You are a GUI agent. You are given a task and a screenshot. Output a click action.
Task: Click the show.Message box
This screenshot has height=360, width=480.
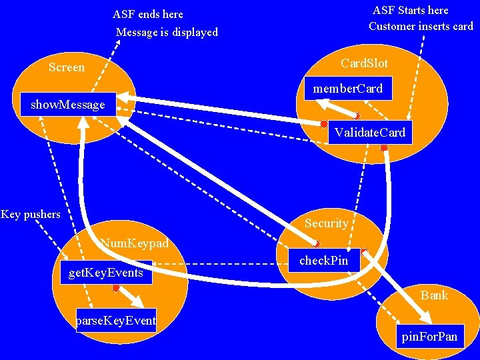pyautogui.click(x=68, y=104)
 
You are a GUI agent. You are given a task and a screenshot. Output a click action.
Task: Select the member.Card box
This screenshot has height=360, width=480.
pyautogui.click(x=348, y=89)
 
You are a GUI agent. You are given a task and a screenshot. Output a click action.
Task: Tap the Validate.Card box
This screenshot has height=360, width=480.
pyautogui.click(x=370, y=132)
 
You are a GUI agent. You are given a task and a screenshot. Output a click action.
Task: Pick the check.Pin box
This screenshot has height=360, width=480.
pyautogui.click(x=324, y=260)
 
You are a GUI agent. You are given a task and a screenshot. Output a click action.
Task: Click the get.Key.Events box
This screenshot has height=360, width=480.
pyautogui.click(x=106, y=272)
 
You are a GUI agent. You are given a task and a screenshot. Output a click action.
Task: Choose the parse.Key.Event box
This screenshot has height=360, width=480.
pyautogui.click(x=116, y=320)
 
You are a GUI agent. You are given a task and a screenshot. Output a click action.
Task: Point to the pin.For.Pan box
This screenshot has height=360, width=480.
pyautogui.click(x=429, y=336)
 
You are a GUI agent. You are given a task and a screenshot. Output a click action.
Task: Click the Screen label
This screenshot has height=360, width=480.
pyautogui.click(x=67, y=67)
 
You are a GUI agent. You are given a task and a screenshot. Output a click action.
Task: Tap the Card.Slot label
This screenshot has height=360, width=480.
pyautogui.click(x=364, y=63)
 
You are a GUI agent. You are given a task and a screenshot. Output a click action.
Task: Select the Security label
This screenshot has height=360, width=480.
pyautogui.click(x=326, y=223)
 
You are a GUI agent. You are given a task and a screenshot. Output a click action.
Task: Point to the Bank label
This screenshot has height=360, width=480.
pyautogui.click(x=434, y=295)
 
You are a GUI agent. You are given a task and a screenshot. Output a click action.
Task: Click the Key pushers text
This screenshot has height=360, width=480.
pyautogui.click(x=31, y=214)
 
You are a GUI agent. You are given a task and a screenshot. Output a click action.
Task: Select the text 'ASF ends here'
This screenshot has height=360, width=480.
pyautogui.click(x=148, y=14)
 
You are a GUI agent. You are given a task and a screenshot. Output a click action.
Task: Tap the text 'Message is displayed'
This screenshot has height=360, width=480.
pyautogui.click(x=167, y=32)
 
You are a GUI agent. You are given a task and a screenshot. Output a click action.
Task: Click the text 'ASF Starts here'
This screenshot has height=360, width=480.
pyautogui.click(x=410, y=10)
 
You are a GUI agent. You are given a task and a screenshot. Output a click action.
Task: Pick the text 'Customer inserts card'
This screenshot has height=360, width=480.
pyautogui.click(x=421, y=27)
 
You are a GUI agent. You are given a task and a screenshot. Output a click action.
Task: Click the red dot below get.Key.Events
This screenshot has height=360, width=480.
pyautogui.click(x=116, y=289)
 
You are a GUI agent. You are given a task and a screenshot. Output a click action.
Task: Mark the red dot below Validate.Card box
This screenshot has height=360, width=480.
pyautogui.click(x=384, y=147)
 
